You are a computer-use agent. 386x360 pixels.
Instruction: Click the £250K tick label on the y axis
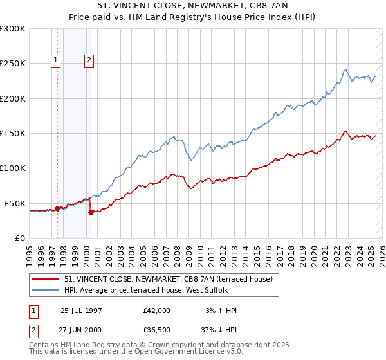click(x=14, y=64)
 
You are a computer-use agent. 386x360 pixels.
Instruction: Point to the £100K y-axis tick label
click(x=14, y=168)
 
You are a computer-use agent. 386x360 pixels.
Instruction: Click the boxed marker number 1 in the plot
click(x=56, y=61)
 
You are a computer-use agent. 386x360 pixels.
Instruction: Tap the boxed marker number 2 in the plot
click(x=89, y=61)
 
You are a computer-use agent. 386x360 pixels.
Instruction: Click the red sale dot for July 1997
click(x=57, y=208)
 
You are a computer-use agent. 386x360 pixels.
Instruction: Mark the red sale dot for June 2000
click(x=91, y=212)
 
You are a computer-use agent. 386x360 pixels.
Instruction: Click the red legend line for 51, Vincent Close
click(x=46, y=279)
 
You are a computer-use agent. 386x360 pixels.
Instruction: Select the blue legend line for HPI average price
click(x=46, y=290)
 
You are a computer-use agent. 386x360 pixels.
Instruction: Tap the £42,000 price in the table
click(x=157, y=310)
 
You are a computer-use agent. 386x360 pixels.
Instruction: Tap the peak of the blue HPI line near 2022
click(x=346, y=70)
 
